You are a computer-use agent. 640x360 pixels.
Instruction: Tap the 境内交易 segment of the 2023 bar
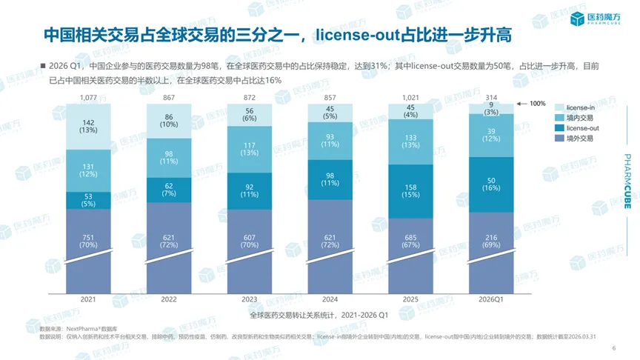[x=250, y=149]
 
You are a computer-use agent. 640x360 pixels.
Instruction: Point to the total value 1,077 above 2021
[x=89, y=98]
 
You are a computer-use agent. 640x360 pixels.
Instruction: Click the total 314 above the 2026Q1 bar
[x=490, y=98]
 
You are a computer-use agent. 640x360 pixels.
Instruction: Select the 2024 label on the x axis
[x=330, y=299]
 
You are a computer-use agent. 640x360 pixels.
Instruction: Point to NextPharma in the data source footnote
[x=82, y=327]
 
